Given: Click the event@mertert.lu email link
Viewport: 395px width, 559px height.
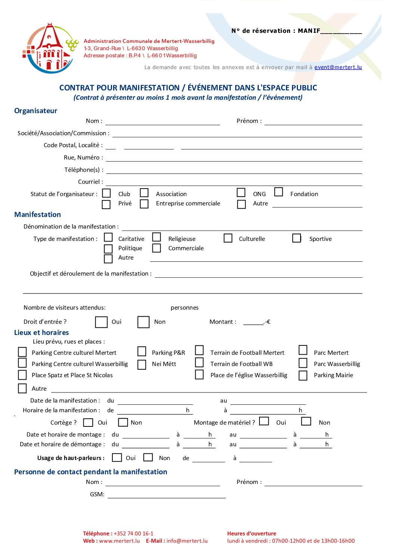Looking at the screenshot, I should (x=338, y=67).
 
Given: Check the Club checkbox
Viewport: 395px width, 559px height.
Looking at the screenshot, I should (x=106, y=193).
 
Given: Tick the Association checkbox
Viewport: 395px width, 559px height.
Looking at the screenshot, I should (x=144, y=193).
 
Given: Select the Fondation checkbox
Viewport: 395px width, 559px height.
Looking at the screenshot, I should (x=279, y=192).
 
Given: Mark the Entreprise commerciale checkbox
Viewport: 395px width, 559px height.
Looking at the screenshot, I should (x=144, y=204).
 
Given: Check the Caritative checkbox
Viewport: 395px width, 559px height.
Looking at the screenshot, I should (x=108, y=237).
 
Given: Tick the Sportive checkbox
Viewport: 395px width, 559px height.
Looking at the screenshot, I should (x=297, y=238).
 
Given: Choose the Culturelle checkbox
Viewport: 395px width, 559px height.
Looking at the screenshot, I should (x=228, y=238).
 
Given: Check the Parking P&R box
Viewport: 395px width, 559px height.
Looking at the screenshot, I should (x=142, y=352).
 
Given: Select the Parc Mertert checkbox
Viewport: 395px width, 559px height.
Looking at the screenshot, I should (x=303, y=350).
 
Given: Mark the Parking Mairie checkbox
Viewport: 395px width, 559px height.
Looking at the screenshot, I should (x=303, y=376).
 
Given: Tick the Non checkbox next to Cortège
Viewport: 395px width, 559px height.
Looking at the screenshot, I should (x=123, y=422).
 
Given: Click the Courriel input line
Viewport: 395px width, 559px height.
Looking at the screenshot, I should (x=234, y=182).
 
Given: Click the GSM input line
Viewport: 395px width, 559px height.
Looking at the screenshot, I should (x=167, y=495).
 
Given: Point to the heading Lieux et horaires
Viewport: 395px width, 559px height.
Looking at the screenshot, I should (x=41, y=333).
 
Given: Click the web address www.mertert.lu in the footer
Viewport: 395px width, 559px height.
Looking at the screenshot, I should (x=119, y=541).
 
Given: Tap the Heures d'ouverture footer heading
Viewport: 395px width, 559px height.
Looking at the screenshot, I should (x=252, y=534).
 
